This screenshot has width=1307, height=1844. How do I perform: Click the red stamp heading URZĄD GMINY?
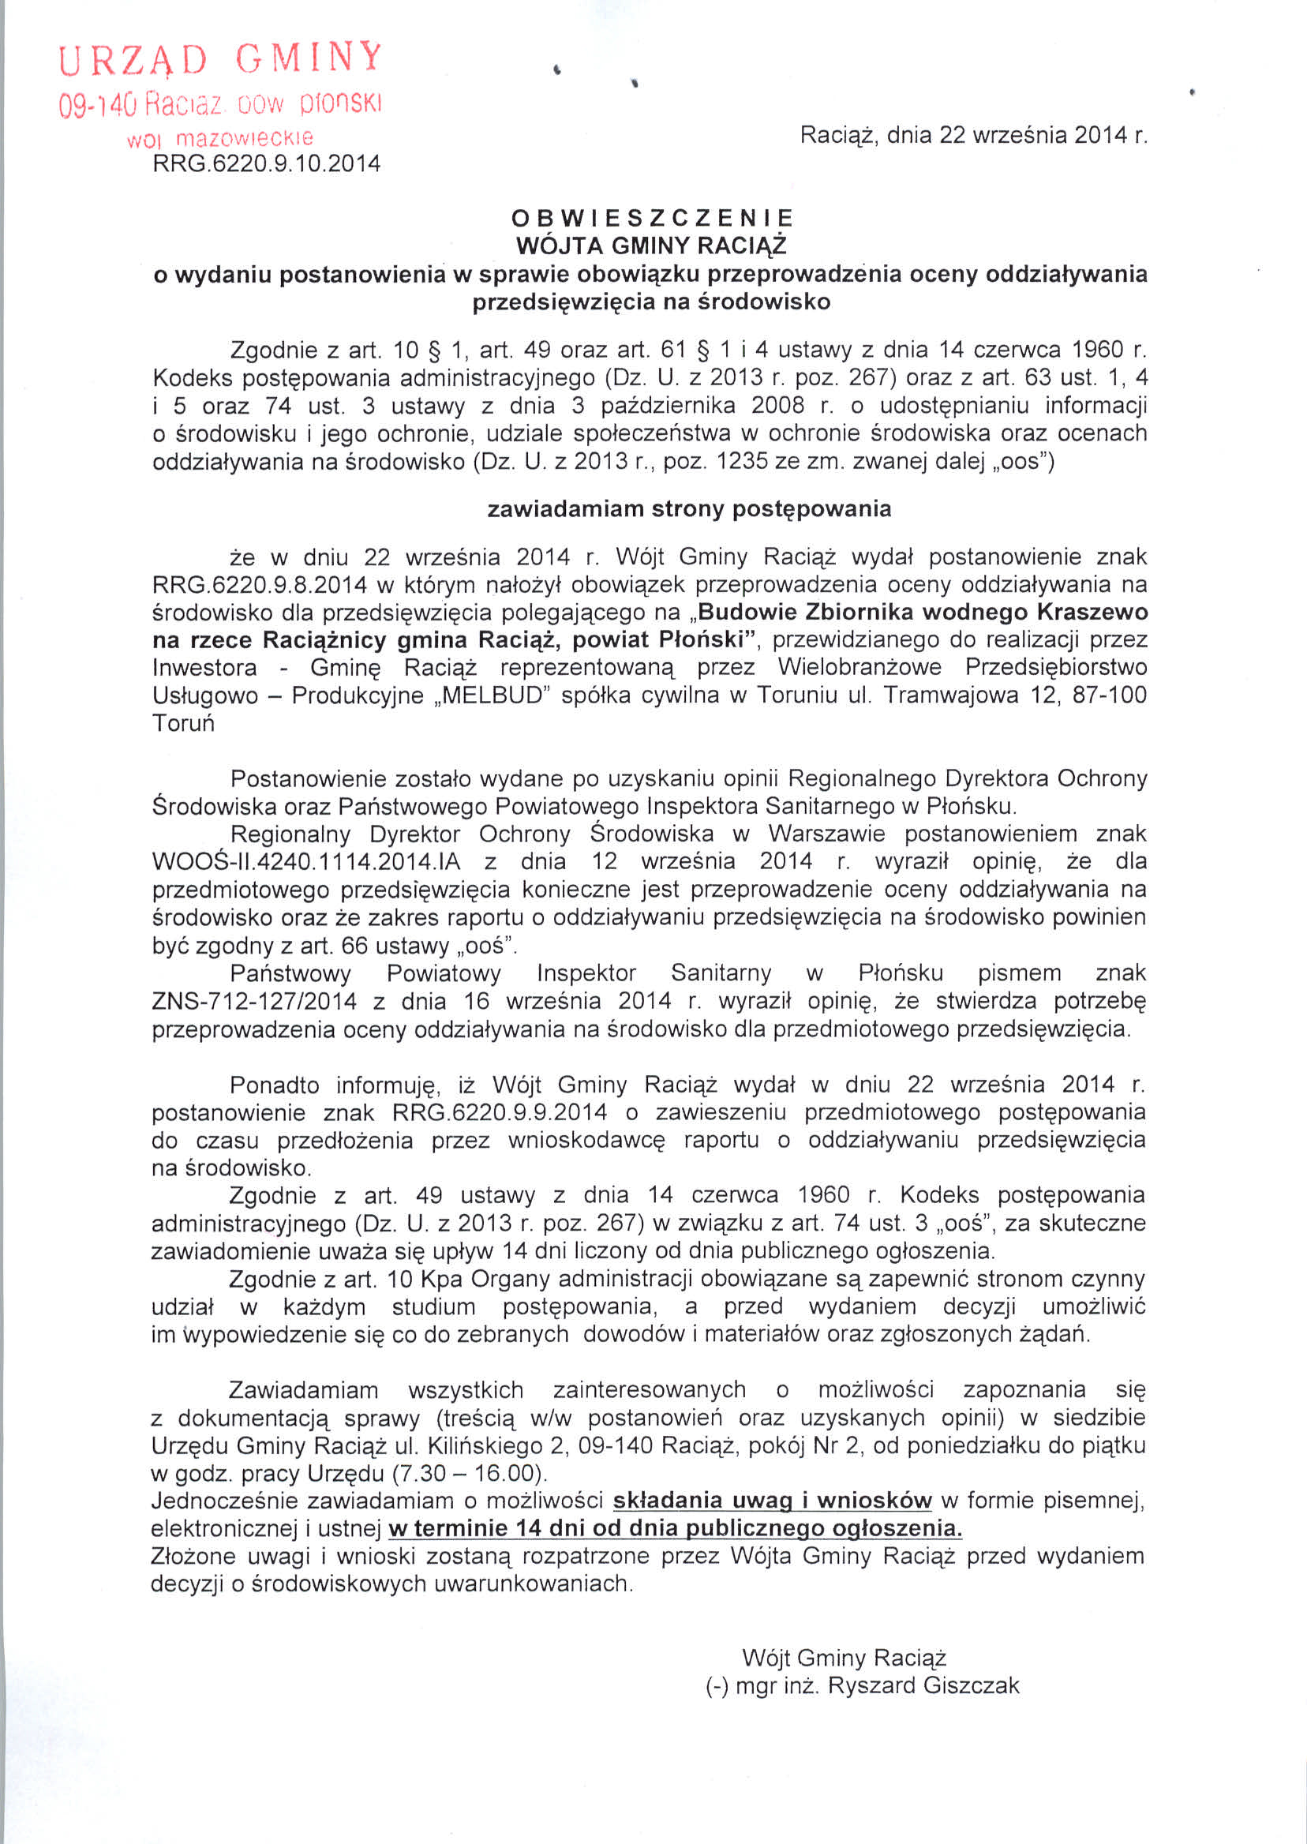click(x=220, y=58)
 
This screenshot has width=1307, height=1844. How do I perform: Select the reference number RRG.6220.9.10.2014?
click(x=267, y=164)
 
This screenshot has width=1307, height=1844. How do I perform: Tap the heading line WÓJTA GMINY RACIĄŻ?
click(x=651, y=245)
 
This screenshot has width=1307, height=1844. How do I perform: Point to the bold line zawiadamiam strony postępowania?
click(x=689, y=508)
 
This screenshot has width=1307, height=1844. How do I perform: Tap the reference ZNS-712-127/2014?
click(x=254, y=1001)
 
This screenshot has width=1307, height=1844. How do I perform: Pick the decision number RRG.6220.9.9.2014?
click(x=499, y=1112)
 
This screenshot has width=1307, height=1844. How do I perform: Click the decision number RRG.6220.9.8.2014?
click(x=259, y=584)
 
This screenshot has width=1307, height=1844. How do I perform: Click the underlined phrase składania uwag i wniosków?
click(x=772, y=1501)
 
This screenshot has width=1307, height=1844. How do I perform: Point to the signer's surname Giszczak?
click(x=971, y=1685)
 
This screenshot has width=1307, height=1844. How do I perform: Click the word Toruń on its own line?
click(x=183, y=723)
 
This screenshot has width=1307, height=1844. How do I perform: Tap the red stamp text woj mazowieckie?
click(x=219, y=137)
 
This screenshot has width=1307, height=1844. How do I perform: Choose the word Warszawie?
click(x=826, y=834)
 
